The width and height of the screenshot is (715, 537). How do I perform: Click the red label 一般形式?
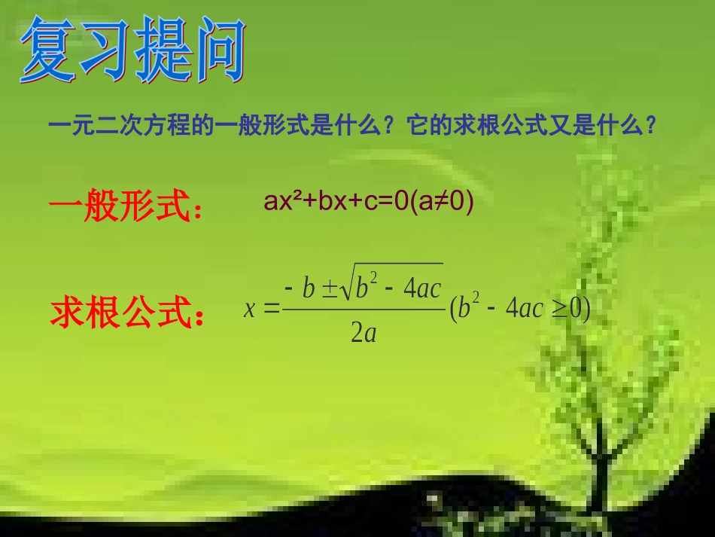(x=125, y=206)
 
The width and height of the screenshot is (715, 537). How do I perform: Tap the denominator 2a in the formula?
(x=363, y=332)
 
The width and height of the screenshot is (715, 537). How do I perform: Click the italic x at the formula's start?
(x=250, y=309)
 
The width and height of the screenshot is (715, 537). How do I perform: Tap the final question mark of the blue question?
(x=651, y=126)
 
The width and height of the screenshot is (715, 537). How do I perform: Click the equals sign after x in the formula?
(x=272, y=309)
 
